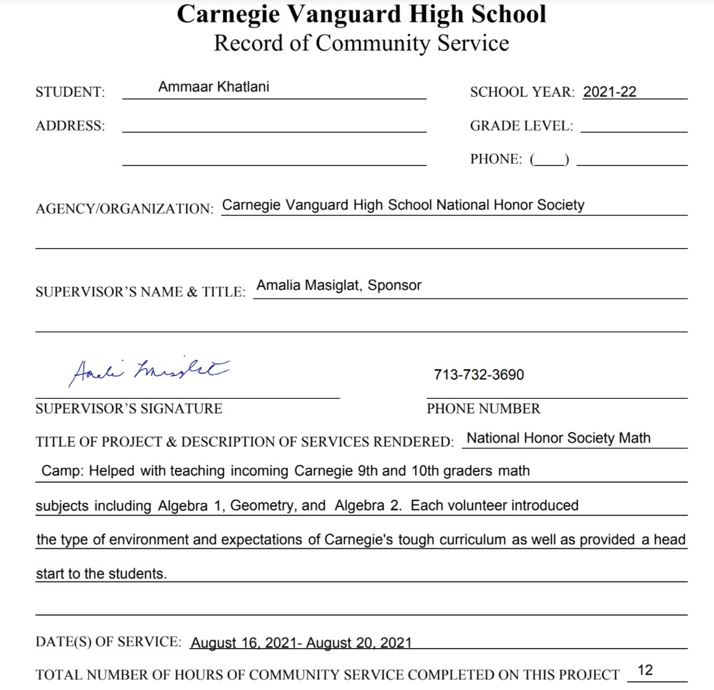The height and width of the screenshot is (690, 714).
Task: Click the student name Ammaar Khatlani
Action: tap(213, 87)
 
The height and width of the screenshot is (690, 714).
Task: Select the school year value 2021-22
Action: tap(609, 92)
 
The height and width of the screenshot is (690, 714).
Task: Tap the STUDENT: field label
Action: tap(70, 92)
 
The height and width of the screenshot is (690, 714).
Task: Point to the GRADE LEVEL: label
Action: tap(521, 126)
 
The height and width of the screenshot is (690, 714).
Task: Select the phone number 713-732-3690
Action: tap(479, 375)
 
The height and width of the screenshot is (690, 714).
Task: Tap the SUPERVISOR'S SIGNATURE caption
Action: tap(129, 409)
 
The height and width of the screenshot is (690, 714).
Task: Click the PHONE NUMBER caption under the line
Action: tap(483, 409)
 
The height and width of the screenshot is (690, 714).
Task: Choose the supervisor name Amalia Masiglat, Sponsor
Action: tap(339, 286)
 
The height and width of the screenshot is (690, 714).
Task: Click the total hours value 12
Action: tap(645, 670)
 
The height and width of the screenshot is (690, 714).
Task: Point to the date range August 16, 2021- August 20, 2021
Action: tap(301, 643)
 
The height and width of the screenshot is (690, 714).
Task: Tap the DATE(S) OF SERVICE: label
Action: tap(108, 642)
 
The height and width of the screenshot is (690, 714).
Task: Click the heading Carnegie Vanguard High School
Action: tap(361, 14)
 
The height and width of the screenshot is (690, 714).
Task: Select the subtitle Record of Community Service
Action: tap(361, 43)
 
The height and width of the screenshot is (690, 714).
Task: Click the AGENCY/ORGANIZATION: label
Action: tap(124, 209)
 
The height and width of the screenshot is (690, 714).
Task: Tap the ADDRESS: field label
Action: tap(70, 126)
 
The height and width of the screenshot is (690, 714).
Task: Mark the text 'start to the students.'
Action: tap(101, 574)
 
